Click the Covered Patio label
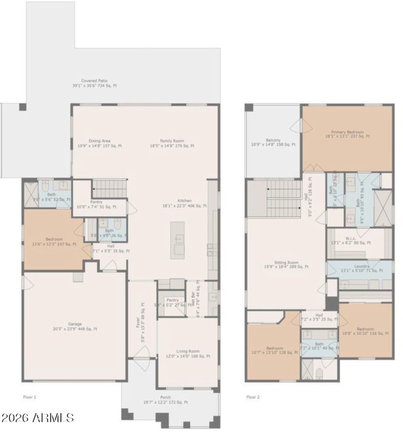94,83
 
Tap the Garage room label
75,326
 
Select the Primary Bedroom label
347,134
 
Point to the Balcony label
273,142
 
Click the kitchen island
177,240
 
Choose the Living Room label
187,354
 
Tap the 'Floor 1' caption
30,397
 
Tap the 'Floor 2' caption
253,397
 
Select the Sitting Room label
286,265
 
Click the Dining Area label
99,143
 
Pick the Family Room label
172,143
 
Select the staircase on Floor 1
109,189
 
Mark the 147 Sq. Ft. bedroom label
54,241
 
